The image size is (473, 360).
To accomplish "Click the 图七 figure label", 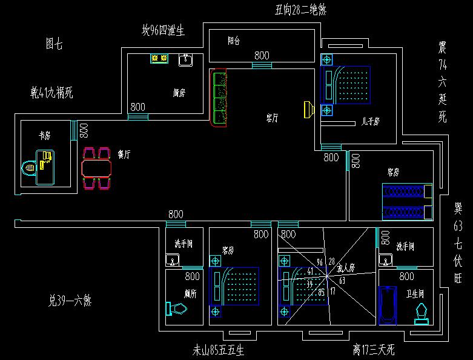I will click(54, 44).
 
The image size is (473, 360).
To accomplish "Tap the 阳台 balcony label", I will click(234, 41).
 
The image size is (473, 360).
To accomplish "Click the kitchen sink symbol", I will click(185, 59).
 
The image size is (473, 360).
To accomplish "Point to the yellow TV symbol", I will click(308, 109).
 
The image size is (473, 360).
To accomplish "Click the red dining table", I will click(97, 167).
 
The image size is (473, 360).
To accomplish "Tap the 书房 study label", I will click(44, 136).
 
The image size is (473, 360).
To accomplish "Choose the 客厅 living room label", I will click(272, 118).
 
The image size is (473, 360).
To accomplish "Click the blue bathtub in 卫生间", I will click(387, 305).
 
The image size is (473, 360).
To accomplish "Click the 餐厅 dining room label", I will click(124, 155).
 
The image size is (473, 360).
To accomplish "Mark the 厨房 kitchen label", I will click(179, 93).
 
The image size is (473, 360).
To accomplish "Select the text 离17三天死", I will click(374, 350).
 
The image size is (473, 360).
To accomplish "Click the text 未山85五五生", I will click(219, 350).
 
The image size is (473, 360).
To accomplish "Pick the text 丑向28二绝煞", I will click(301, 9).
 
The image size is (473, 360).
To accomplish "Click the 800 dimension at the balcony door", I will click(262, 55).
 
